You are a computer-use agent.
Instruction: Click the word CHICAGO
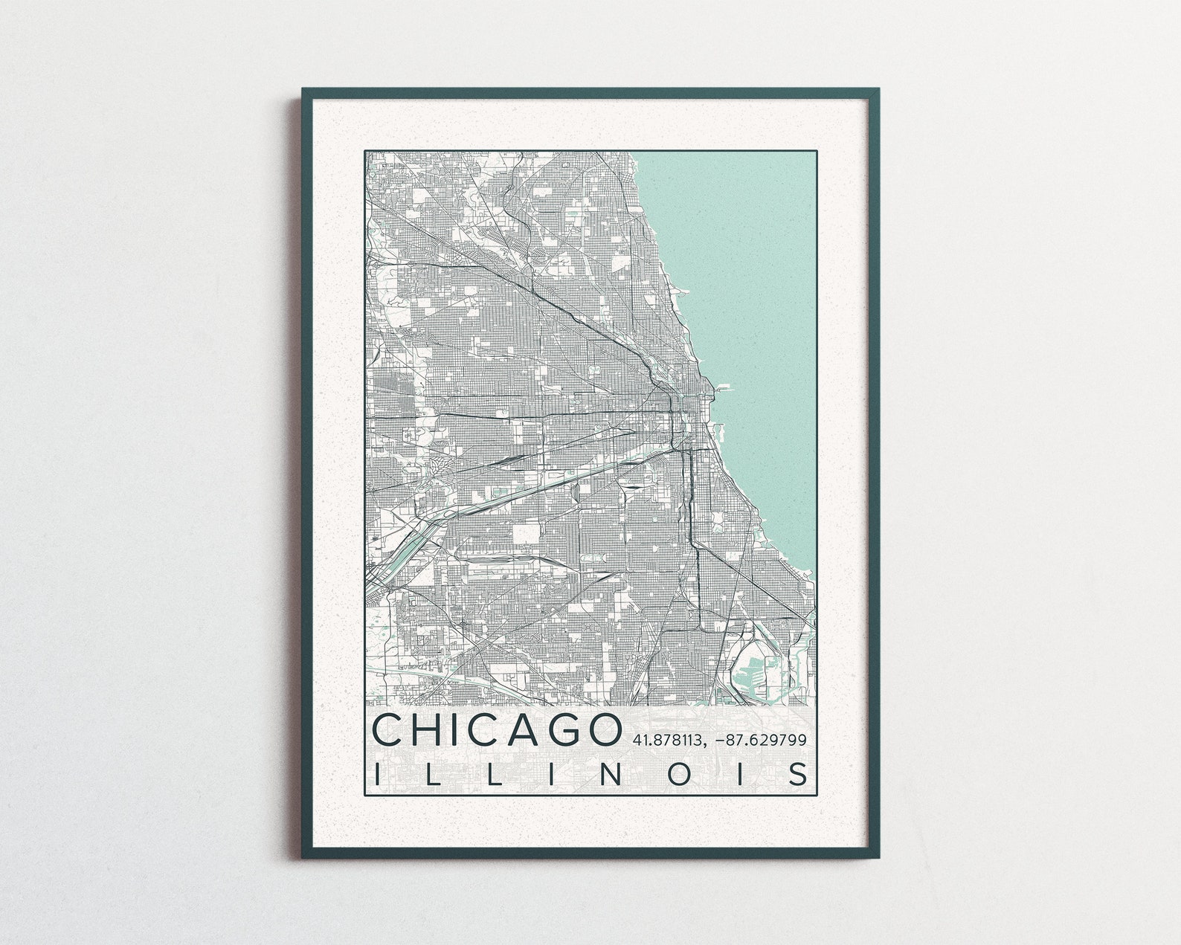click(x=496, y=730)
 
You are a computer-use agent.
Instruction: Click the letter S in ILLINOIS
click(x=799, y=774)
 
